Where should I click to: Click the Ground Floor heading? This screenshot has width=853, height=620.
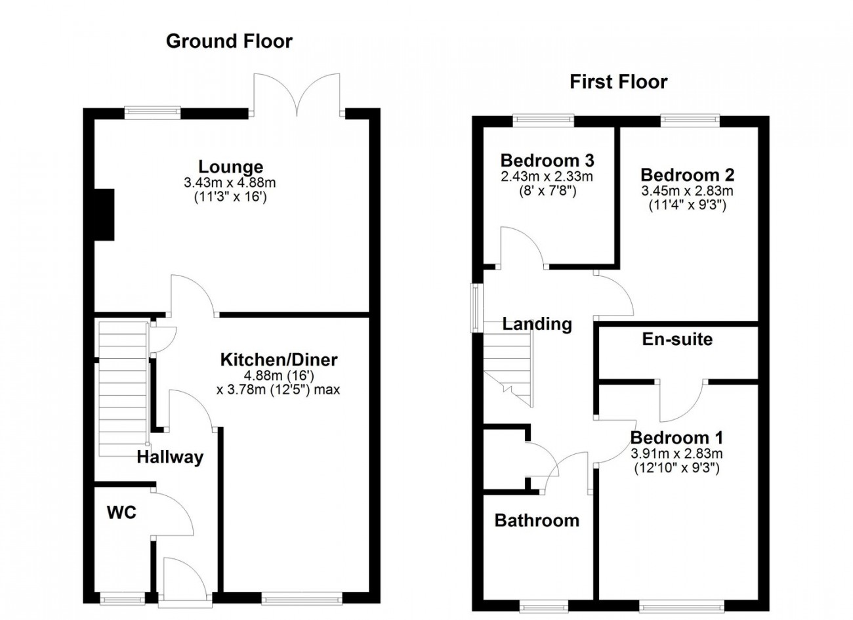229,41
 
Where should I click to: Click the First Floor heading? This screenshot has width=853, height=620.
618,82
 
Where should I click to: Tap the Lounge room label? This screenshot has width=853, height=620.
231,167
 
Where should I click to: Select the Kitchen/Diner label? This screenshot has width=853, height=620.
279,360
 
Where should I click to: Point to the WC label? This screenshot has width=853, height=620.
121,512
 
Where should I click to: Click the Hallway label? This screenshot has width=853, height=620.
170,457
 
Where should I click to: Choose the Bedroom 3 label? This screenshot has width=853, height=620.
547,160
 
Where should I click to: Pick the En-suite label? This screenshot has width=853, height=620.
677,339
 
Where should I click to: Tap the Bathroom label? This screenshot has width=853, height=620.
537,520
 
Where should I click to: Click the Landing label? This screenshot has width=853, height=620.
537,324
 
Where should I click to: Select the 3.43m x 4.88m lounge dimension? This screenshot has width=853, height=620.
230,183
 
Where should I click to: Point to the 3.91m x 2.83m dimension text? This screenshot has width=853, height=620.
676,453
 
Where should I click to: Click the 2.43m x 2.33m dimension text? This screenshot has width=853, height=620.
547,176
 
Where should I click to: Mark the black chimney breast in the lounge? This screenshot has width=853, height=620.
104,215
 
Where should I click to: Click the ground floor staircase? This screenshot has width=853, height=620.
123,389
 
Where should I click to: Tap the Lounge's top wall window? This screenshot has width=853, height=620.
152,110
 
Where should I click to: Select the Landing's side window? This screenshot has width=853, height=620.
476,308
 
